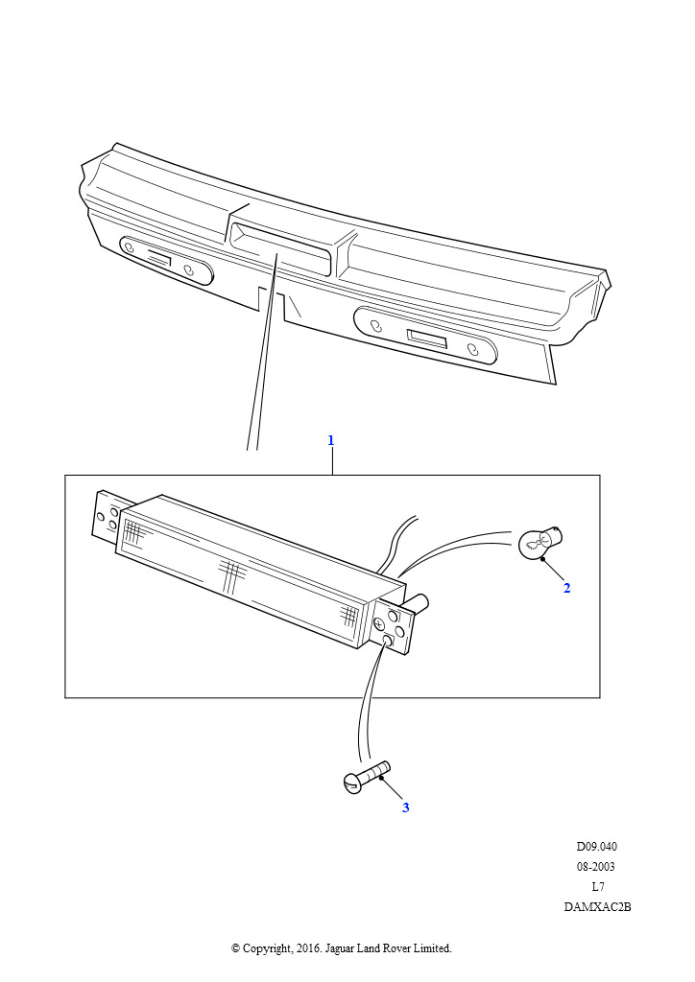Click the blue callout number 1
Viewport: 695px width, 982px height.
[331, 440]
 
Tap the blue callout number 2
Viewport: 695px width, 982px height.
[566, 588]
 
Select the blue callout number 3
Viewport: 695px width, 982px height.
[405, 807]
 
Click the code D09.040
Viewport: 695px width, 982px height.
[597, 847]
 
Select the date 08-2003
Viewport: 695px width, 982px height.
[596, 867]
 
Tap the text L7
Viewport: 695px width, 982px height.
[598, 887]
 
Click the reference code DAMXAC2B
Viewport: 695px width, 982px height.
[597, 907]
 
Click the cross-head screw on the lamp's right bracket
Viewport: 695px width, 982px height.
[380, 623]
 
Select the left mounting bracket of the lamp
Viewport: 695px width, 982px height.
[106, 515]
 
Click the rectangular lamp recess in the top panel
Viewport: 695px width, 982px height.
[280, 248]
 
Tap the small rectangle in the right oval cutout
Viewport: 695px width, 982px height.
[426, 339]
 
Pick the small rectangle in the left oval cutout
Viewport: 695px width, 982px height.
[159, 257]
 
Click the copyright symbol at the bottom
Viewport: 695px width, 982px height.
[235, 948]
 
